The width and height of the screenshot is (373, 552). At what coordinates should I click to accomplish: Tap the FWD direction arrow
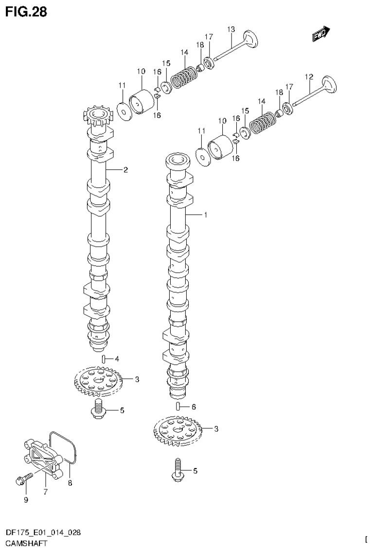321,33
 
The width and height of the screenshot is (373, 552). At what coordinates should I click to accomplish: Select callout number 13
231,30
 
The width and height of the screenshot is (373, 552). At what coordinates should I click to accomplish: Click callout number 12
309,77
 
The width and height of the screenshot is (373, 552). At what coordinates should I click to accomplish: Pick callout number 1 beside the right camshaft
205,214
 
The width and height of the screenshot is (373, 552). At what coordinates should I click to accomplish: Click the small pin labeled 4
104,359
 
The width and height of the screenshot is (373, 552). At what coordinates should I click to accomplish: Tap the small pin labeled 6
178,406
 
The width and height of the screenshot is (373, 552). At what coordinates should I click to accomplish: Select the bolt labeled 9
20,481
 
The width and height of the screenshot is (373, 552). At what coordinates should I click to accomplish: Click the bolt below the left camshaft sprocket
98,410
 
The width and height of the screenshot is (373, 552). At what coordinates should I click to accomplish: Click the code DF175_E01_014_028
43,533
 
